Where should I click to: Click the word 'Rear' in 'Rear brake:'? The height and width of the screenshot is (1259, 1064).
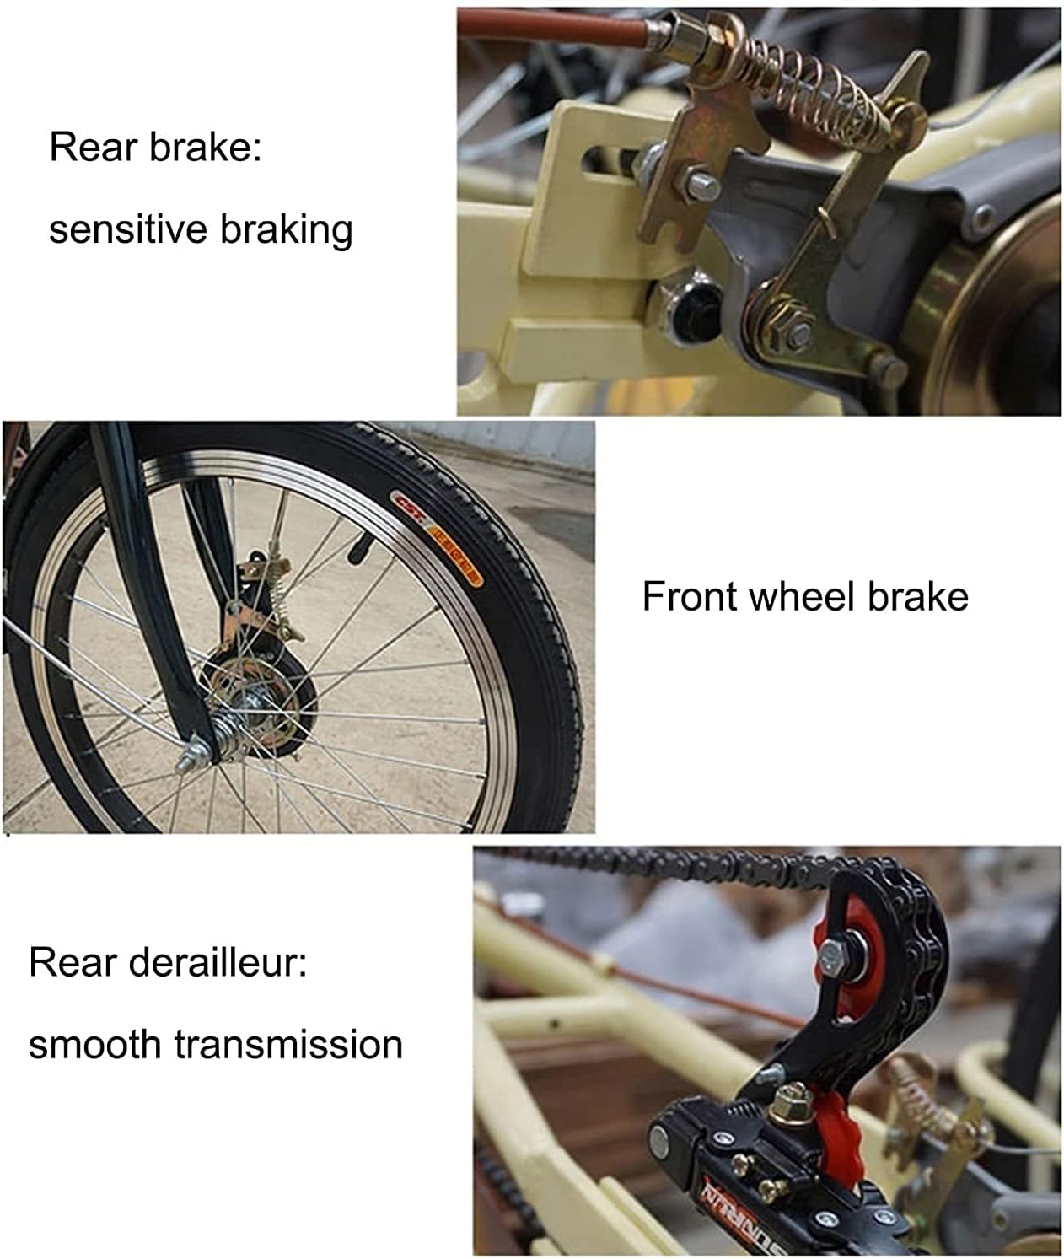click(x=93, y=148)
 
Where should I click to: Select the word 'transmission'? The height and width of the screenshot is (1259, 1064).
click(x=288, y=1045)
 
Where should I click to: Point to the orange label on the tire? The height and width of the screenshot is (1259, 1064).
click(x=437, y=538)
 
